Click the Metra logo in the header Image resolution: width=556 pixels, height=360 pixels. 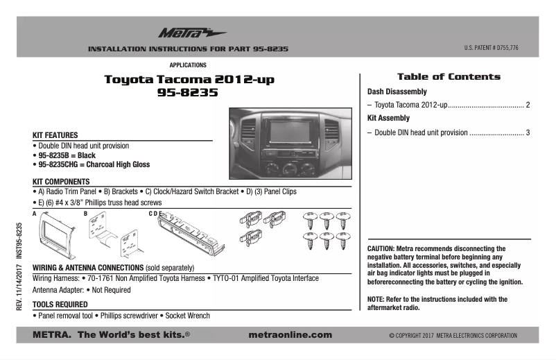183,33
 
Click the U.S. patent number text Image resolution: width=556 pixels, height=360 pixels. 492,49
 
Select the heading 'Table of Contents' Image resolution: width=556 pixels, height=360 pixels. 449,76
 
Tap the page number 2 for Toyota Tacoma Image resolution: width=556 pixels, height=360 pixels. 528,105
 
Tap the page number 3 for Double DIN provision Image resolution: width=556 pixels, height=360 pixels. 528,132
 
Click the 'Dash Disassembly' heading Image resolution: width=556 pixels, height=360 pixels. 397,92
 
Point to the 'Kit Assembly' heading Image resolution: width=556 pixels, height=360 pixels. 388,119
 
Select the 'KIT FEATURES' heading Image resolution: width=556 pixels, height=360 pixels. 55,135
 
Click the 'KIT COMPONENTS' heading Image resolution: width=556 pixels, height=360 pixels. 63,180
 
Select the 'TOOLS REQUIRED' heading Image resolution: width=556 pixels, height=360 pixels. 60,304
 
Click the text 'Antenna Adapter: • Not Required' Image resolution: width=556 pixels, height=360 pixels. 82,290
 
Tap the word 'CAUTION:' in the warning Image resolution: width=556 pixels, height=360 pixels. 381,248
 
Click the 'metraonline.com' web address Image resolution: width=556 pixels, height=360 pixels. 290,335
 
